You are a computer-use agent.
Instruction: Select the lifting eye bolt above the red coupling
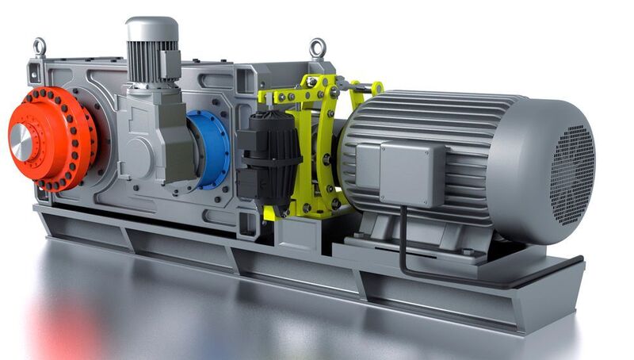38,47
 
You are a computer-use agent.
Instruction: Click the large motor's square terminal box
405,171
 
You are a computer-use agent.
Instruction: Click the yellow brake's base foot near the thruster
273,213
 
